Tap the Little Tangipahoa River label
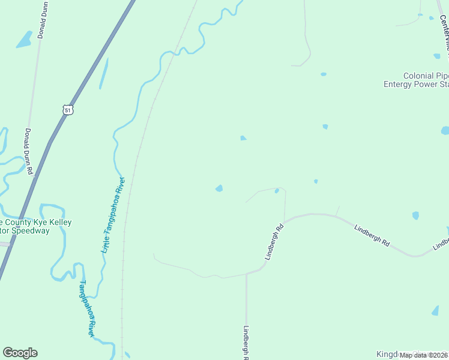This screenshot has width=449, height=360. tap(113, 215)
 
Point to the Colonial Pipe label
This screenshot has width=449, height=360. tap(425, 76)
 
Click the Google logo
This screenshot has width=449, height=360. tap(20, 353)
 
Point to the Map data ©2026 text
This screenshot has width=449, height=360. tap(424, 355)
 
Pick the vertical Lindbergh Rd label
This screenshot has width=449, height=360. tap(246, 342)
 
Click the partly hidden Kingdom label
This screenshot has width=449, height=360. tap(387, 354)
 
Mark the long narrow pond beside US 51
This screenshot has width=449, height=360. tap(103, 74)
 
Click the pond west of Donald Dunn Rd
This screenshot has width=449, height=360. tap(24, 40)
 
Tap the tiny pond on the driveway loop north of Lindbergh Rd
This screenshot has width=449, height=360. tap(277, 191)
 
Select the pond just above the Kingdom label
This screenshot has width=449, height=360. tap(435, 311)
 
